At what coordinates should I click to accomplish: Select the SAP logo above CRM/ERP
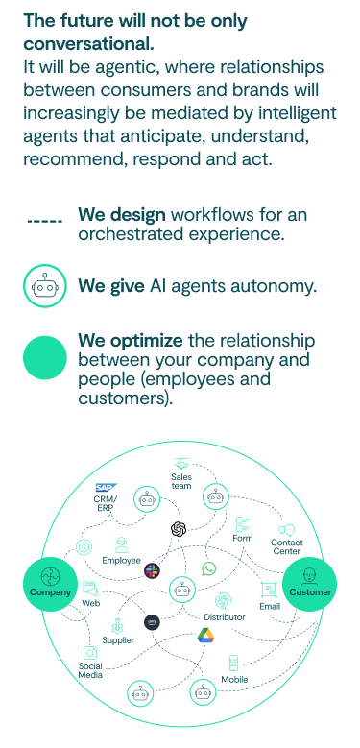click(x=105, y=489)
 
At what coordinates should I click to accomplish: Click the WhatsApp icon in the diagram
click(x=209, y=569)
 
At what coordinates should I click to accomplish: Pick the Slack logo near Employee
click(x=152, y=571)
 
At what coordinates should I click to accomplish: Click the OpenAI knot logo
click(x=178, y=528)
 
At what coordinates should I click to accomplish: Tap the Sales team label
click(x=181, y=481)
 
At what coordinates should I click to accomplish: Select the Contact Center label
click(x=286, y=547)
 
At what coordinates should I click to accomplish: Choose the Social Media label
click(x=90, y=670)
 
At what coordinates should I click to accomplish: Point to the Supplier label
click(x=118, y=639)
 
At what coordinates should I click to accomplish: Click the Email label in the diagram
click(x=270, y=606)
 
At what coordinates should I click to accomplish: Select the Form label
click(x=242, y=539)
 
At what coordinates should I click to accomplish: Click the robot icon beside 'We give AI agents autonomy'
click(x=45, y=285)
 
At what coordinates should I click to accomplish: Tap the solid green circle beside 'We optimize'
click(x=45, y=359)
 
